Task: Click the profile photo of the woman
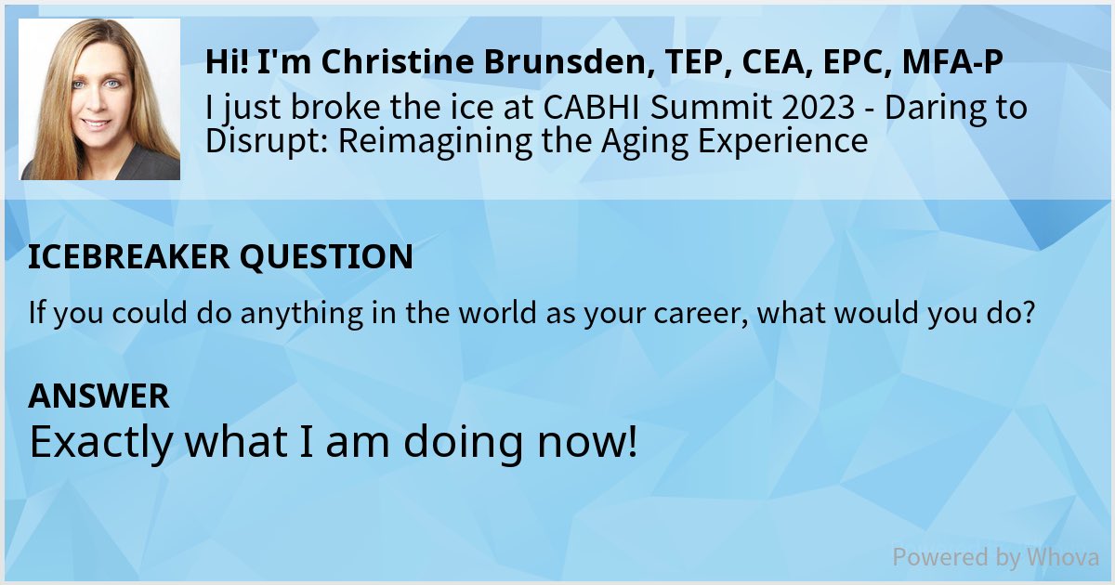point(99,99)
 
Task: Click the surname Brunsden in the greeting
point(535,62)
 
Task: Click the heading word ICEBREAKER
point(127,257)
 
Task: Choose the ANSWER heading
point(98,396)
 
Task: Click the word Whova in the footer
point(1062,557)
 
